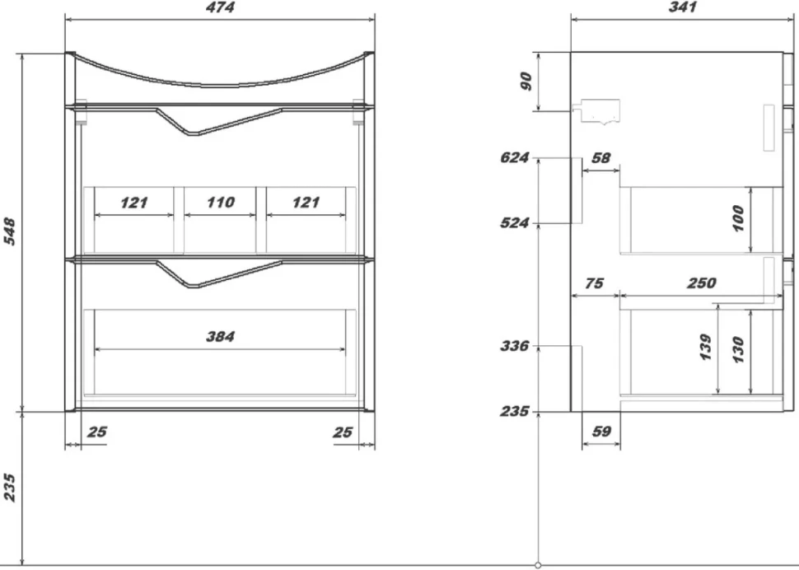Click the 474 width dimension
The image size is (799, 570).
pos(220,7)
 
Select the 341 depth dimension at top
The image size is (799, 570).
pos(682,7)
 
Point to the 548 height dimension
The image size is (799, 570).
pos(10,231)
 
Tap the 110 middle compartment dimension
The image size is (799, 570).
pos(221,203)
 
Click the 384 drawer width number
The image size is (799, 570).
pos(220,336)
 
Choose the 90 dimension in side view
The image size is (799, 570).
pos(526,81)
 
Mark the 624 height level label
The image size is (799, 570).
pos(514,157)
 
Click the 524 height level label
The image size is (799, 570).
pos(514,222)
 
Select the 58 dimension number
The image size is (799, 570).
pos(600,158)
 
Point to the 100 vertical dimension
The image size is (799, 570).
pos(737,218)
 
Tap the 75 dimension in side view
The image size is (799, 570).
pos(594,283)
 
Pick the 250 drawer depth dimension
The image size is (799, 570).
pos(702,283)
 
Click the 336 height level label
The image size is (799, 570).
pos(514,346)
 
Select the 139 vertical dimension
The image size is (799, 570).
pos(705,348)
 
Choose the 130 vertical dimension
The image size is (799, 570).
pos(737,349)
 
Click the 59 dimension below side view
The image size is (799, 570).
pos(601,432)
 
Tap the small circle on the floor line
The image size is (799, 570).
pos(538,565)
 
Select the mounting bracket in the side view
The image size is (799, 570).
pos(596,112)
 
